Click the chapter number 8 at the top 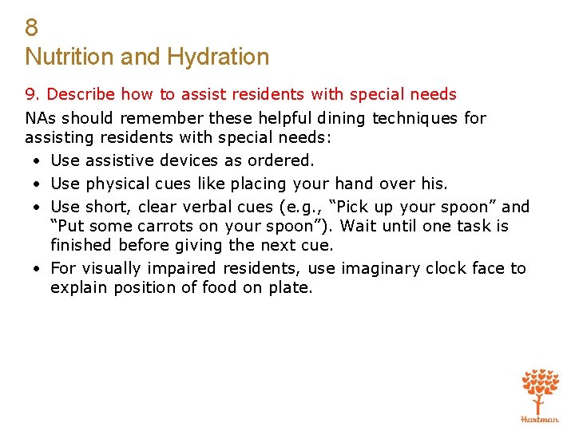[x=31, y=28]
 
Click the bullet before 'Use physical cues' [x=38, y=184]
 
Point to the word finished [x=81, y=245]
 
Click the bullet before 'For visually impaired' [x=38, y=269]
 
